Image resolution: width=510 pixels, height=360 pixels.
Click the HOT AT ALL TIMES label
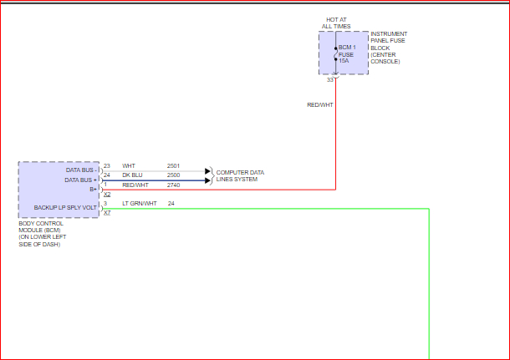tap(337, 23)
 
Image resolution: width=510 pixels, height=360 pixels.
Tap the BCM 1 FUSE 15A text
tap(346, 54)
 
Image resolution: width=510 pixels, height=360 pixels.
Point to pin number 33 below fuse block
tap(331, 79)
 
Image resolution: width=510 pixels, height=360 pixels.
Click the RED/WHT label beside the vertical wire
tap(320, 104)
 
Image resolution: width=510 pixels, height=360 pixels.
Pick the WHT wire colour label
tap(128, 166)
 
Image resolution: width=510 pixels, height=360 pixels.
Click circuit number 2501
tap(173, 166)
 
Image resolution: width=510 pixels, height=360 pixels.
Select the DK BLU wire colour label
tap(132, 175)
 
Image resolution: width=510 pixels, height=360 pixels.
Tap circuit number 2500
tap(173, 175)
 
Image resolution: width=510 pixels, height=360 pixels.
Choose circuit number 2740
tap(173, 185)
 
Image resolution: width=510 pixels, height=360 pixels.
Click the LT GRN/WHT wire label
tap(139, 204)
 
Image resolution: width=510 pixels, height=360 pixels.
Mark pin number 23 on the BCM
tap(107, 166)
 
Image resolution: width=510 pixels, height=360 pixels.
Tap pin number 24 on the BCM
tap(107, 175)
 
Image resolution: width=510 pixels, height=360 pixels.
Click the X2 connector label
tap(107, 194)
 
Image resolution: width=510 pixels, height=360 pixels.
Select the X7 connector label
tap(107, 213)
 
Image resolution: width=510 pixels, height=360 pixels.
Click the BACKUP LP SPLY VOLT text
tap(65, 207)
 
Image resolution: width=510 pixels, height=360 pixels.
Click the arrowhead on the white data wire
tap(208, 170)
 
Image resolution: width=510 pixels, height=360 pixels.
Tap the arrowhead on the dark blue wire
tap(208, 180)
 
